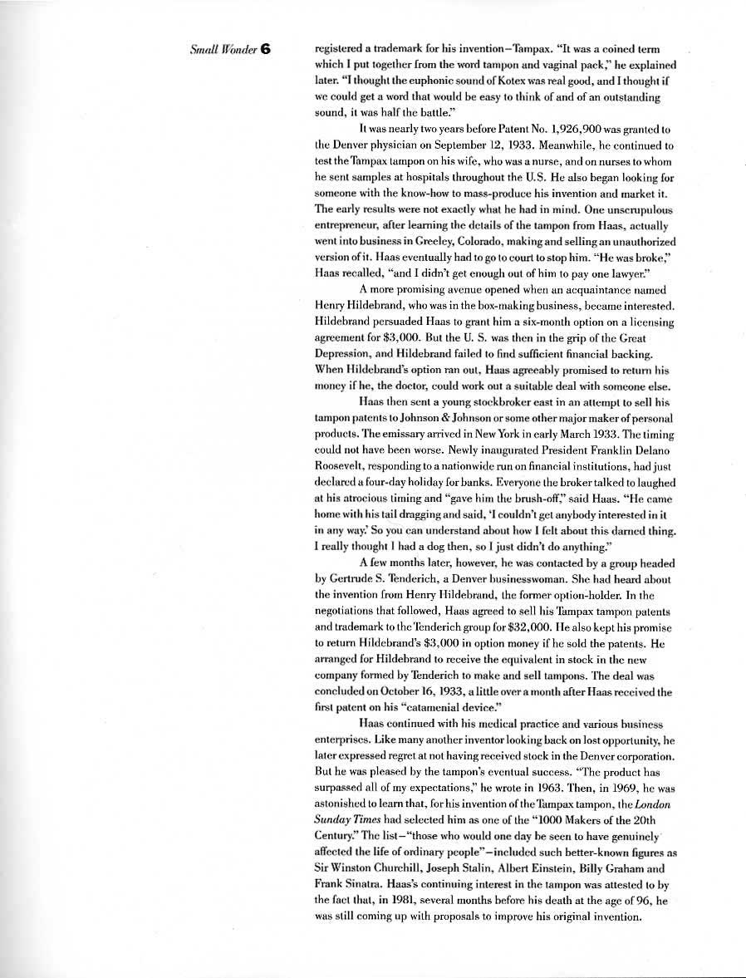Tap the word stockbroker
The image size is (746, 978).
(x=484, y=401)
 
